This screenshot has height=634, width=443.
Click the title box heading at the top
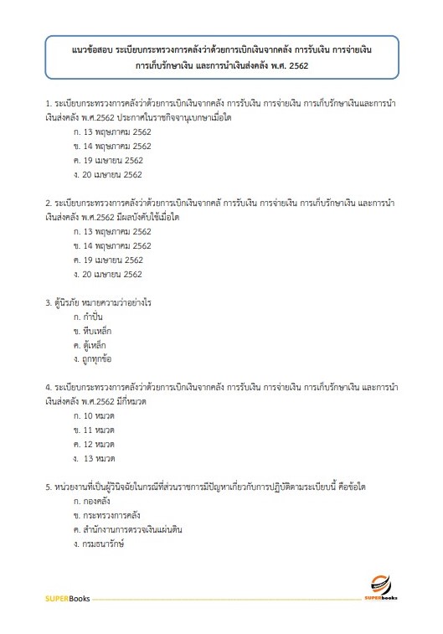(x=221, y=58)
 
